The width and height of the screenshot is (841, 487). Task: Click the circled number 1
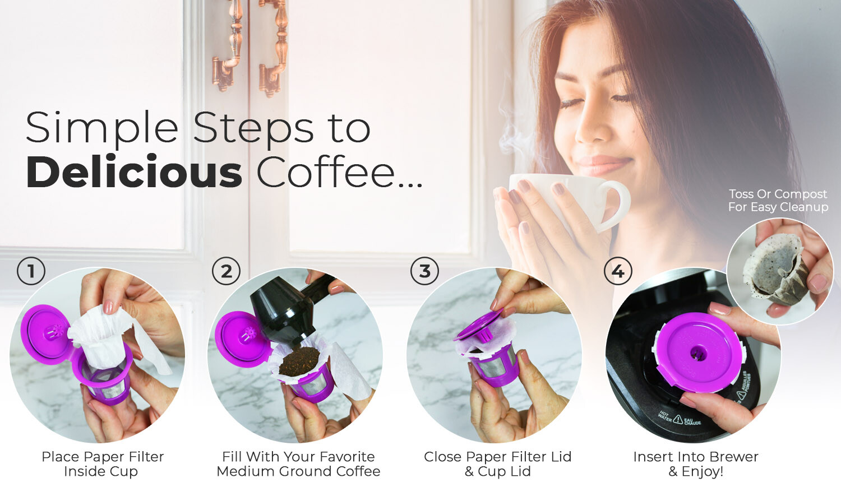pos(31,271)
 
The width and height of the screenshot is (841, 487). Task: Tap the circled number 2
pos(226,271)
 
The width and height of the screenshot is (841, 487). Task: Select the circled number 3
pos(424,271)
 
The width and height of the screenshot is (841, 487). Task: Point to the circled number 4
pos(618,271)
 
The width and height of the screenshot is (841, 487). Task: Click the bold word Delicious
pos(134,172)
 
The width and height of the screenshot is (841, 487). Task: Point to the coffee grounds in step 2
pos(299,361)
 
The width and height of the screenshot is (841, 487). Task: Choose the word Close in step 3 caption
pos(442,457)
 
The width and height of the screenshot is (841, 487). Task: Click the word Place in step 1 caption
pos(61,457)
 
